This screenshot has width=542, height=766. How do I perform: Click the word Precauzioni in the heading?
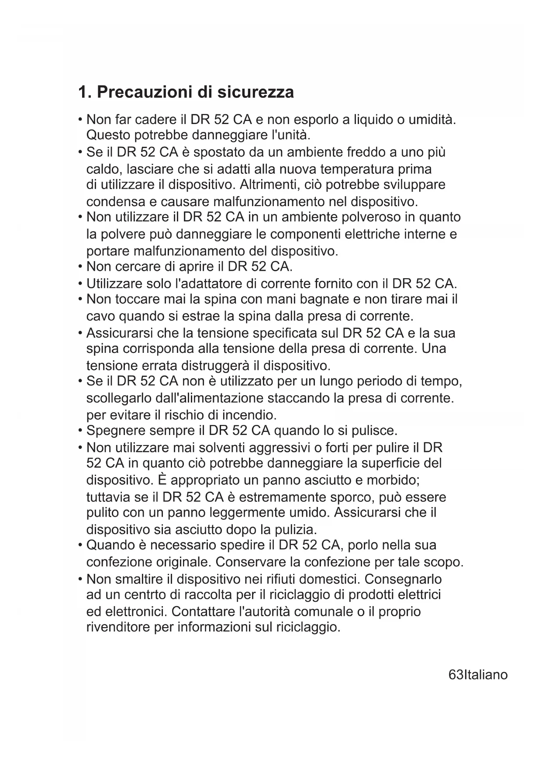point(144,92)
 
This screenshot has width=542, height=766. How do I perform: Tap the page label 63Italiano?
point(478,675)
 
